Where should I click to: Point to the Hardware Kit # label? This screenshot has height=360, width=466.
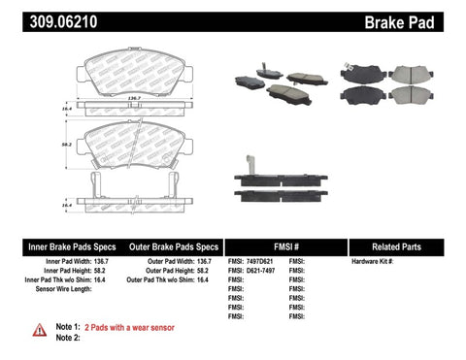[372, 262]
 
